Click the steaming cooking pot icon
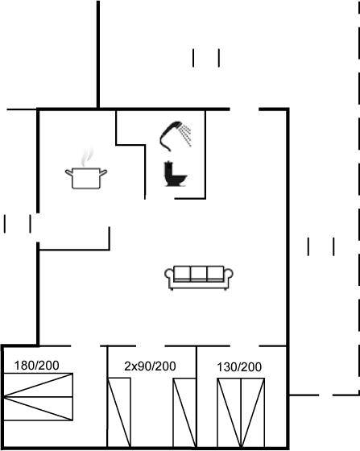click(86, 170)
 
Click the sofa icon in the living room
click(199, 278)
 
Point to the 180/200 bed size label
click(36, 366)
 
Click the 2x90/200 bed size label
click(150, 366)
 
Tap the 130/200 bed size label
click(239, 367)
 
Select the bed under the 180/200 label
click(38, 397)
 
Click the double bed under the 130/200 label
click(241, 412)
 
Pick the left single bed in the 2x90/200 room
click(119, 412)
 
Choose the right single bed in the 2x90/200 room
click(184, 412)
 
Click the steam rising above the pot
click(87, 158)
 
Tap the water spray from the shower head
click(185, 135)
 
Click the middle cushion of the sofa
click(199, 273)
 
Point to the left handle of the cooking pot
click(68, 172)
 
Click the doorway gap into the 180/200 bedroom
click(85, 345)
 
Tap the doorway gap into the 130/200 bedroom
click(244, 345)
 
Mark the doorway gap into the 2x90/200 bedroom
click(151, 345)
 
